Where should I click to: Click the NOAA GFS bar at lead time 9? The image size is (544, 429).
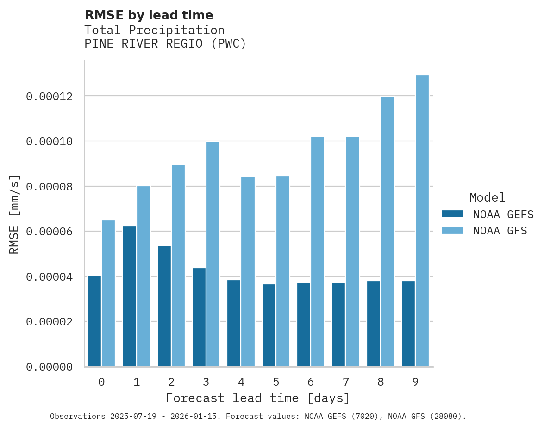(422, 221)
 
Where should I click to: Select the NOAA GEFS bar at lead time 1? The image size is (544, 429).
(129, 296)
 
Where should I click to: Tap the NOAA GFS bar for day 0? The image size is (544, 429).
(108, 293)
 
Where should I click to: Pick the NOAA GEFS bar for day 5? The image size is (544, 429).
(269, 325)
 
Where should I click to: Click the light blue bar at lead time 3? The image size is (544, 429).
(213, 254)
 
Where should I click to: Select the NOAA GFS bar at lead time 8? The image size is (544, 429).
(387, 231)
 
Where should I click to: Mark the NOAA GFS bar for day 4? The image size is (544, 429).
(248, 271)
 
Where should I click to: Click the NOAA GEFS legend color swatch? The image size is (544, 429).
(452, 214)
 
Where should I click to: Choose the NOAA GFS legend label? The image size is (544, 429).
(500, 231)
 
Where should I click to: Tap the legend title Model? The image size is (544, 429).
(487, 197)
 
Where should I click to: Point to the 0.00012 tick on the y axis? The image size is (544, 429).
(50, 97)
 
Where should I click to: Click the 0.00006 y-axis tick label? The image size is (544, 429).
(50, 232)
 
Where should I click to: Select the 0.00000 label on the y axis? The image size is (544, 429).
(50, 367)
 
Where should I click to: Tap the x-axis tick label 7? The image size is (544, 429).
(345, 382)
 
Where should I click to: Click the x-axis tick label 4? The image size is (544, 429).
(241, 382)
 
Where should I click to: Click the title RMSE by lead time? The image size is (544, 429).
(149, 15)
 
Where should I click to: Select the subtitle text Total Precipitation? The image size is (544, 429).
(154, 30)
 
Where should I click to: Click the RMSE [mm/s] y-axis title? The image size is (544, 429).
(14, 214)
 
